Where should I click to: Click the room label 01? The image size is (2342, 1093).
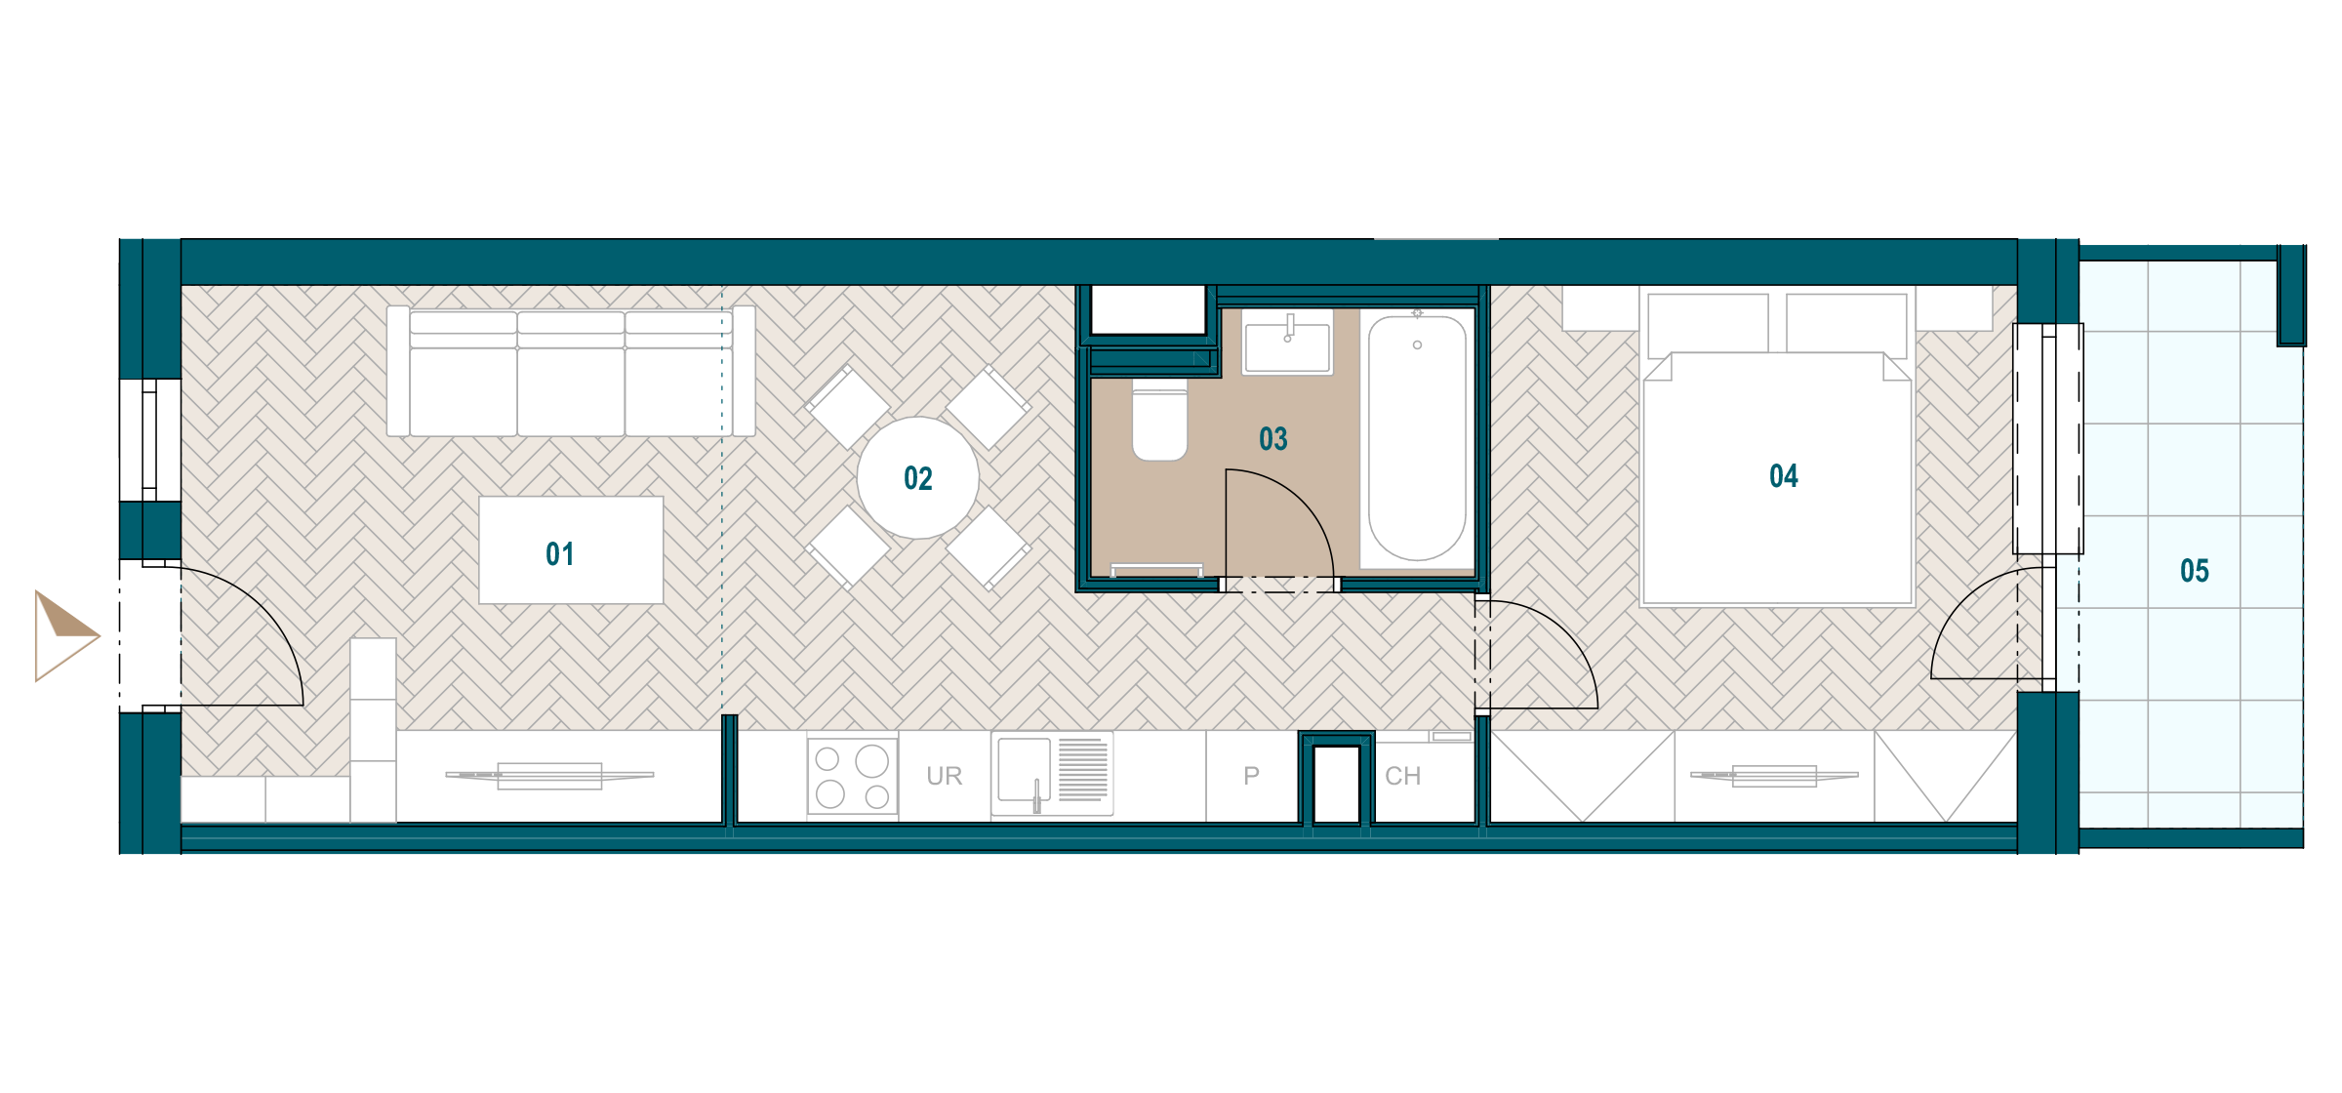559,554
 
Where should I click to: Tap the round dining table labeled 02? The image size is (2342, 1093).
917,478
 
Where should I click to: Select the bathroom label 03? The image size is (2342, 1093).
1272,439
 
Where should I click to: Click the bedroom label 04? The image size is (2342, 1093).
1783,476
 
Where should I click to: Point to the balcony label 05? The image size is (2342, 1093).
2194,571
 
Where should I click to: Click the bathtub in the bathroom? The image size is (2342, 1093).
1417,438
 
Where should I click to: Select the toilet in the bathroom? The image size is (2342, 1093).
1159,421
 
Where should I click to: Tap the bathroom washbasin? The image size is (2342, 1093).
1287,343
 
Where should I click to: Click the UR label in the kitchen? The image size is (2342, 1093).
944,776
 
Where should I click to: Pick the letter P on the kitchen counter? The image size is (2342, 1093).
1251,776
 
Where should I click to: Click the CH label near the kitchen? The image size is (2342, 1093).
1402,776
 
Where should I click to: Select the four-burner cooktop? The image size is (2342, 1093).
852,776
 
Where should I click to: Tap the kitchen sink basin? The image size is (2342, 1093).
1024,770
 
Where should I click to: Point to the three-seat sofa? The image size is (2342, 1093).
571,371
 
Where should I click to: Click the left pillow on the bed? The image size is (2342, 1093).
1708,324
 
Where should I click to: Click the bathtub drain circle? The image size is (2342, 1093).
1417,344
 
